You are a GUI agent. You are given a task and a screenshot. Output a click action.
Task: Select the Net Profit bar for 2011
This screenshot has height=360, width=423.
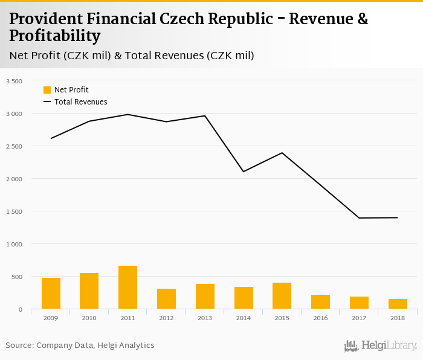(128, 288)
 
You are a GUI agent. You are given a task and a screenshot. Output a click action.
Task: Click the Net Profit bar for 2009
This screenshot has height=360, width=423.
(51, 294)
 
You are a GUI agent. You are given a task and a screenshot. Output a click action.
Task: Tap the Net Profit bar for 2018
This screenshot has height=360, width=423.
(398, 304)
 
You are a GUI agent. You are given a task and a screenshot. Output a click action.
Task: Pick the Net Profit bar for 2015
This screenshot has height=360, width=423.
(282, 296)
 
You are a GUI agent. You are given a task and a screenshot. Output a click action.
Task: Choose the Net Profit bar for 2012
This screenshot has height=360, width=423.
(166, 299)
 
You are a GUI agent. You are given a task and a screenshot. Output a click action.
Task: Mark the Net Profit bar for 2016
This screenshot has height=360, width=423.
(320, 302)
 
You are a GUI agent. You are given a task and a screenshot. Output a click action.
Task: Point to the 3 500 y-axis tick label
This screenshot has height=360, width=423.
(14, 81)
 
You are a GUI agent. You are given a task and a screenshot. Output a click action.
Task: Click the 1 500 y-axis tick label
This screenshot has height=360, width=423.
(14, 211)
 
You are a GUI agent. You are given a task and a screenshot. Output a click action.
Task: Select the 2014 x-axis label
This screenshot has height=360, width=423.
(244, 318)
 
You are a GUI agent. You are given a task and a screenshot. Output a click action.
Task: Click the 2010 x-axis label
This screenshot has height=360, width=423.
(89, 318)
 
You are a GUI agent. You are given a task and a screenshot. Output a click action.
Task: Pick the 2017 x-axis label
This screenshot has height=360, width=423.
(359, 318)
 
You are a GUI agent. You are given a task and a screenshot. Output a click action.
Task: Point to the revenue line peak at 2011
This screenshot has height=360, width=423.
(128, 114)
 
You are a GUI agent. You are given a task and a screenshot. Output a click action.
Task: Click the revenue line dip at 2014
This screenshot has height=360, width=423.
(244, 172)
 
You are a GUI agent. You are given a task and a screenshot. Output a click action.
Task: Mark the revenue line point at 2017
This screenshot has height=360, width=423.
(359, 218)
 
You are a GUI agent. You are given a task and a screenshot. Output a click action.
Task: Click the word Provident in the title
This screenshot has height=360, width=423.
(47, 19)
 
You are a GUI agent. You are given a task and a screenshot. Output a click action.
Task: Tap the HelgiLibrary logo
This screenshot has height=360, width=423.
(380, 346)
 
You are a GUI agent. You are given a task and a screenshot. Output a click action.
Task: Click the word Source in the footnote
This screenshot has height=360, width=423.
(19, 346)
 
